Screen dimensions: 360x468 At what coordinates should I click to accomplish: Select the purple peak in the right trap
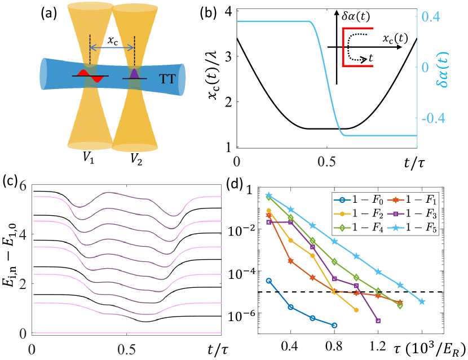[x=134, y=74]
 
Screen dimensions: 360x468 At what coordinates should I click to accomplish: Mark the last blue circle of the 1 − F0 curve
[x=334, y=325]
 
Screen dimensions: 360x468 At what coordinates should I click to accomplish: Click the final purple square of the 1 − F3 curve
[x=378, y=321]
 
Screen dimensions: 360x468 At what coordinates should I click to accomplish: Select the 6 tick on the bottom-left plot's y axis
[x=21, y=186]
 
